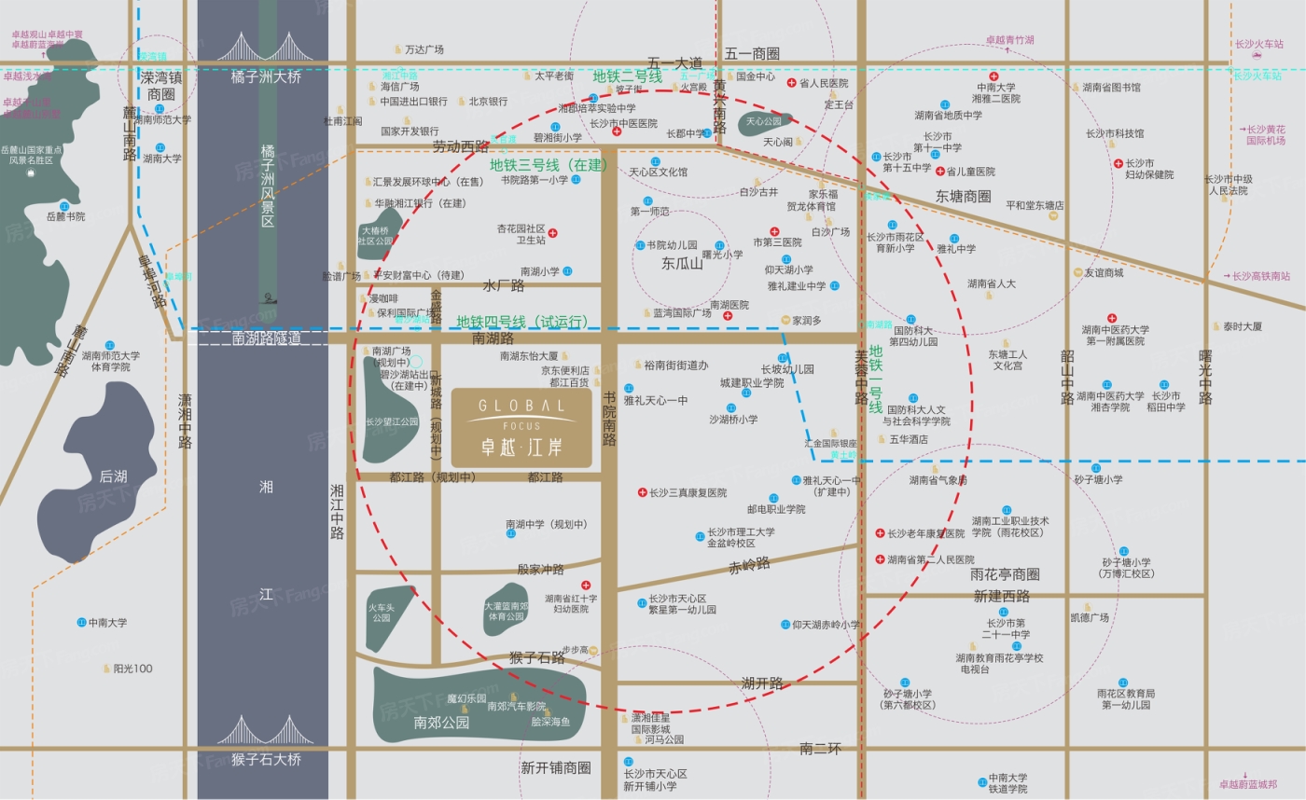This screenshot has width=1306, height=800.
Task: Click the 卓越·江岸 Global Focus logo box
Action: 521,427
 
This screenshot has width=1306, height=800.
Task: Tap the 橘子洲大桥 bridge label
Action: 266,77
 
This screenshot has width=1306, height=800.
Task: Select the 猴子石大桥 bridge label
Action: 266,759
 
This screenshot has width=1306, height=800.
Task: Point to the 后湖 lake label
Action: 113,476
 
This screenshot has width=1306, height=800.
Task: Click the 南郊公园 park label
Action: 441,722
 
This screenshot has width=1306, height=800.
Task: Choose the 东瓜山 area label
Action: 682,264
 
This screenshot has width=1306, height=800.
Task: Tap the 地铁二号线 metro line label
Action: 627,76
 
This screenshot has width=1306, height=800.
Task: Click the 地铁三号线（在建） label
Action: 549,165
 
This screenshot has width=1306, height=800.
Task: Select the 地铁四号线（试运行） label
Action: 522,322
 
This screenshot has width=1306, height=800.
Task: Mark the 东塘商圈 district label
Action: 964,197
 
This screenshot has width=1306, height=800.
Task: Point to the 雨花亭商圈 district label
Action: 1005,574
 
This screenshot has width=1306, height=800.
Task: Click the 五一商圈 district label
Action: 752,54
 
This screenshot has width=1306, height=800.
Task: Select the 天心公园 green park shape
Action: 765,121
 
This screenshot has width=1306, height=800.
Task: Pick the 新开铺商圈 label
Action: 556,768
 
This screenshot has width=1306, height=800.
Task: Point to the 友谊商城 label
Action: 1103,273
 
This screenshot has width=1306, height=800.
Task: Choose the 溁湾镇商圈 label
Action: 155,86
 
